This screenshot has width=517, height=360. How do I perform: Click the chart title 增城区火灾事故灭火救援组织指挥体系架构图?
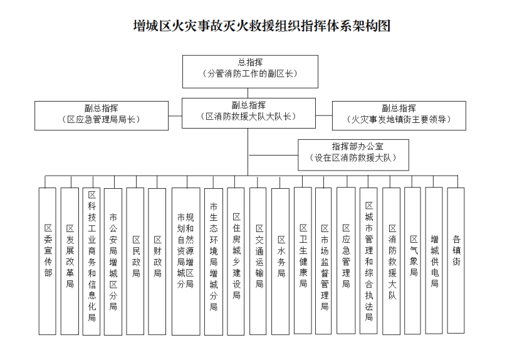(262, 26)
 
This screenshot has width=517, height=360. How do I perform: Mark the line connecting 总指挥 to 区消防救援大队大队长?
(248, 93)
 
